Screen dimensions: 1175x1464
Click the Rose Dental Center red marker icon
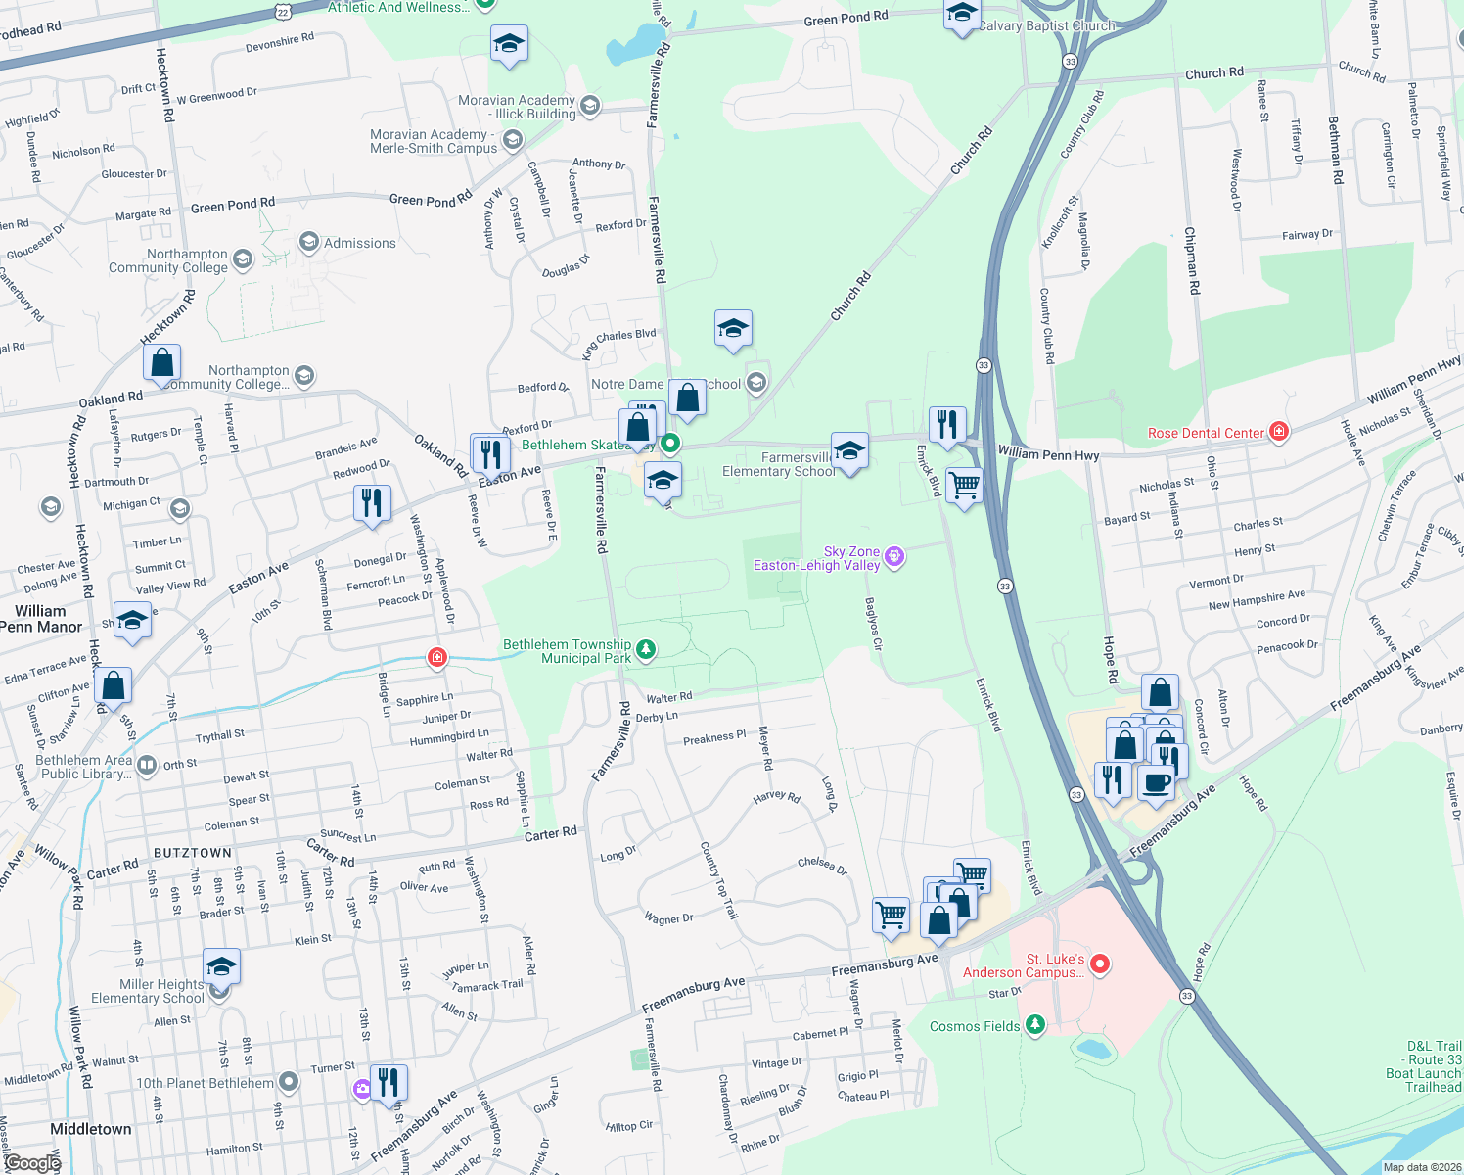pyautogui.click(x=1278, y=432)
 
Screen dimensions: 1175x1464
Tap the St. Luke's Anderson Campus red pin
pyautogui.click(x=1099, y=964)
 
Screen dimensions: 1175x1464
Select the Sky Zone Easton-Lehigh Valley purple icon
pyautogui.click(x=893, y=558)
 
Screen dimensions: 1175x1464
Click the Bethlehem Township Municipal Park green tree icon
pyautogui.click(x=645, y=650)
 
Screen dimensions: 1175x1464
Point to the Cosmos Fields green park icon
pyautogui.click(x=1034, y=1025)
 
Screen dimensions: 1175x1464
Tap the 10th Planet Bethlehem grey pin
pyautogui.click(x=288, y=1082)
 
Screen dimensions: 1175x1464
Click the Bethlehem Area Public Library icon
pyautogui.click(x=147, y=765)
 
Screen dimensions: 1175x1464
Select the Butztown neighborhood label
pyautogui.click(x=193, y=853)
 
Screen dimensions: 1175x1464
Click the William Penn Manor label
pyautogui.click(x=41, y=619)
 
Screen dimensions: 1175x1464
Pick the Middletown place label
pyautogui.click(x=91, y=1129)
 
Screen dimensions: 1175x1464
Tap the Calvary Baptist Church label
pyautogui.click(x=1046, y=26)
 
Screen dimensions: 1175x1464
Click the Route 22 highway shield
pyautogui.click(x=283, y=11)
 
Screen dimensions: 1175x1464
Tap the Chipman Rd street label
pyautogui.click(x=1191, y=260)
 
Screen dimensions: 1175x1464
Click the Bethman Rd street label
pyautogui.click(x=1335, y=151)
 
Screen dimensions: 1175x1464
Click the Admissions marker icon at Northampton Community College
pyautogui.click(x=309, y=242)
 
